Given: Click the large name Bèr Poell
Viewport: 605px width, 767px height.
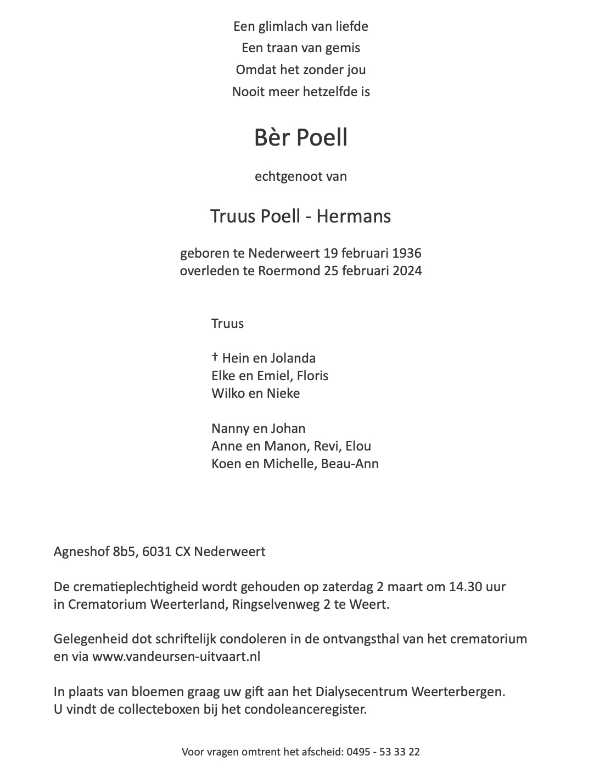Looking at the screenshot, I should [301, 137].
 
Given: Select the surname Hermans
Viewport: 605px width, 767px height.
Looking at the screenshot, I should [354, 216].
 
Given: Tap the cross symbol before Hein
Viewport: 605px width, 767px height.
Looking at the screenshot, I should [215, 358].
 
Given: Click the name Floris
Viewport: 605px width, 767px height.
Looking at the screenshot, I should [312, 376].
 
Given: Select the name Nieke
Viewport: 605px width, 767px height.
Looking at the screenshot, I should [283, 393].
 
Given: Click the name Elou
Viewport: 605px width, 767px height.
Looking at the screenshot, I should [358, 446].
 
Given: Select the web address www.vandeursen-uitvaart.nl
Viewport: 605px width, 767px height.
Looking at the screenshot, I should [176, 657].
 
